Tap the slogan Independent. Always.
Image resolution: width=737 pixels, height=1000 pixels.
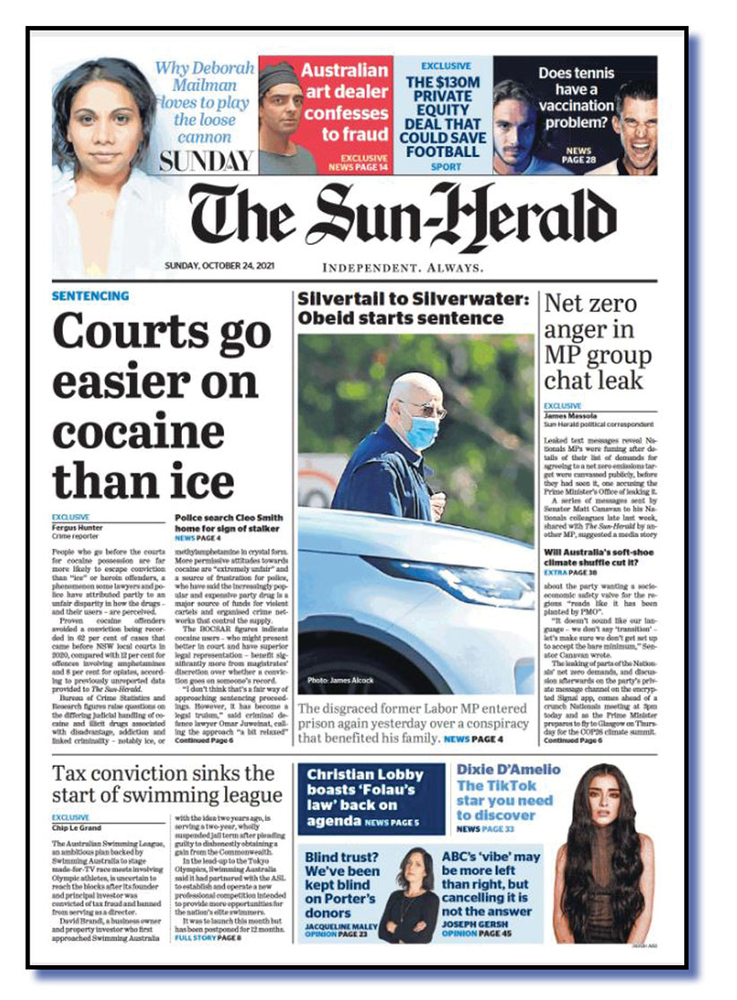pyautogui.click(x=403, y=268)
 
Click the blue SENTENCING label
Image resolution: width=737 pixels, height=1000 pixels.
pyautogui.click(x=91, y=296)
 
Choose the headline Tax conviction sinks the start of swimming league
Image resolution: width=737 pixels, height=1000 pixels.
pyautogui.click(x=167, y=784)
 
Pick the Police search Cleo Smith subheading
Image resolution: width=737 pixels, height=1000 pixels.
pyautogui.click(x=229, y=523)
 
